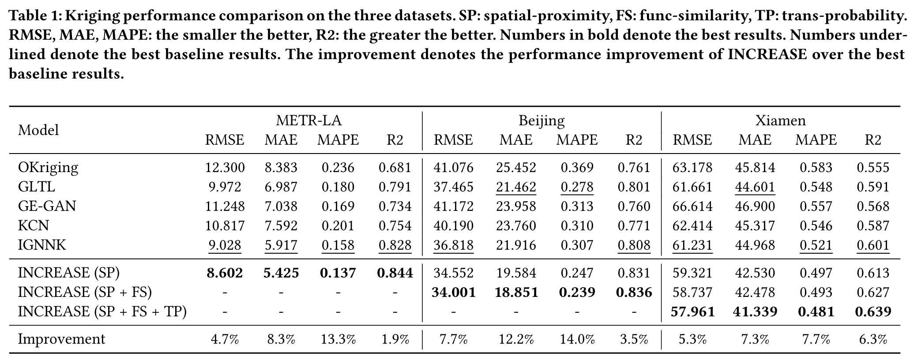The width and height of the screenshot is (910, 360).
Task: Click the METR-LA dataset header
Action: pos(308,120)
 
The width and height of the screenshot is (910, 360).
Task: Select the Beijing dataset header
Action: pos(541,120)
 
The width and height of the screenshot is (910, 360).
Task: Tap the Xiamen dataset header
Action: pos(780,120)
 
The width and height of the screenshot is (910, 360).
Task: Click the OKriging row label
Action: pos(48,167)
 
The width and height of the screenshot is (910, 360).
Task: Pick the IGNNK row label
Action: pos(41,245)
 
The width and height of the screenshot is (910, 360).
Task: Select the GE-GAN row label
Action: pos(47,206)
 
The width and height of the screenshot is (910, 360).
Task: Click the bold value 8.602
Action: pos(224,273)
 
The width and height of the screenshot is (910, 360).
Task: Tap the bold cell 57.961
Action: pos(692,312)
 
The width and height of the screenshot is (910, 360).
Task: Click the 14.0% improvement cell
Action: pos(577,339)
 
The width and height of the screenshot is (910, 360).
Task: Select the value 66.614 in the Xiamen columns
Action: pos(692,206)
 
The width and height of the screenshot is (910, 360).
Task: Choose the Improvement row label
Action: pos(61,339)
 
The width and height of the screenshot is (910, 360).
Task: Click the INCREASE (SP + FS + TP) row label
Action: pos(102,312)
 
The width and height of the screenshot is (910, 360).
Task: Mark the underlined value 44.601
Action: pos(754,187)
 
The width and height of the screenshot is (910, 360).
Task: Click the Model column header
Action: pos(38,130)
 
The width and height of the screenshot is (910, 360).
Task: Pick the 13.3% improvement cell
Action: pos(338,339)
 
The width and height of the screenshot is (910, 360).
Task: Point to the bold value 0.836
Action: pos(634,292)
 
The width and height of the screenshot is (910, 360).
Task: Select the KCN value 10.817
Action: pos(224,225)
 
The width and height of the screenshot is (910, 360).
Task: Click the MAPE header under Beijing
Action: pos(577,140)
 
